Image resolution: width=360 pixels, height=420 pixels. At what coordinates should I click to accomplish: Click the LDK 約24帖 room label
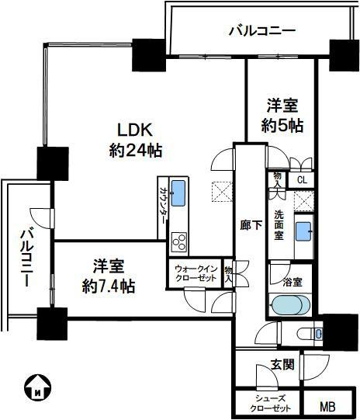(x=136, y=141)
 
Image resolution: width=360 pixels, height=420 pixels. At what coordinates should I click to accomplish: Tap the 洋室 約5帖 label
(x=282, y=116)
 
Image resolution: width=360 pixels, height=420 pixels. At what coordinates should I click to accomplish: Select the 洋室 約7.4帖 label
(x=108, y=276)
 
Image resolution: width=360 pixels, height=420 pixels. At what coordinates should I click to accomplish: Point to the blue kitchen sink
(x=178, y=193)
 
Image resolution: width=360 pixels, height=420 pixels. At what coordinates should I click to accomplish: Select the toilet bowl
(x=306, y=334)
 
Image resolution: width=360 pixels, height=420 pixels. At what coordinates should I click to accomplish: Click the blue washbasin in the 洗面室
(x=303, y=231)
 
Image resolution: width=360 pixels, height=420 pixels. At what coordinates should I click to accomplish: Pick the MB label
(x=328, y=407)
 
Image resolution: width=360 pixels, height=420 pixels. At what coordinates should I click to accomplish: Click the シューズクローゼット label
(x=270, y=404)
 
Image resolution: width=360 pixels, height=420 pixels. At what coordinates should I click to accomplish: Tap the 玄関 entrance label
(x=282, y=365)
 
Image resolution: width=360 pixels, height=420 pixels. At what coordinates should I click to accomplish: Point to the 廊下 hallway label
(x=251, y=225)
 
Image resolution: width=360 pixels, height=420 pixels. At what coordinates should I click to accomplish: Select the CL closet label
(x=302, y=180)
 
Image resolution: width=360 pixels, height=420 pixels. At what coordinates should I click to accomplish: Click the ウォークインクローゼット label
(x=196, y=273)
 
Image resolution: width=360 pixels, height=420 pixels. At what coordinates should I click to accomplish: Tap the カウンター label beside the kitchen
(x=163, y=205)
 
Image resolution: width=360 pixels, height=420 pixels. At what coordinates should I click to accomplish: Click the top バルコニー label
(x=262, y=30)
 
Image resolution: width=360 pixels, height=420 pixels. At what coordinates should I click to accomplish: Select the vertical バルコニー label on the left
(x=26, y=257)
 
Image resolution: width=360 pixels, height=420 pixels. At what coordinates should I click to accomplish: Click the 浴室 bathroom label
(x=292, y=282)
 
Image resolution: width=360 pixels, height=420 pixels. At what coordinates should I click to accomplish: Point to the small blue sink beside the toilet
(x=319, y=334)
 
